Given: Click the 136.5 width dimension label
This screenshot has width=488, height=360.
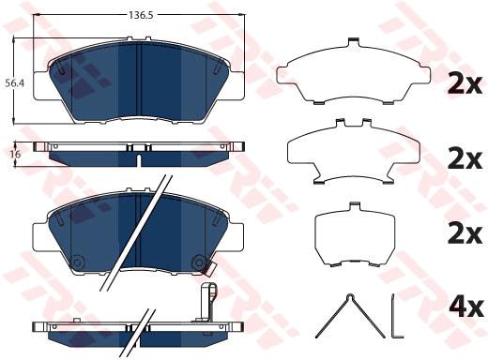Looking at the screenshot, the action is click(x=141, y=15).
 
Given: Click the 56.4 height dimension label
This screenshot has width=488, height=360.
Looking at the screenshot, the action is click(x=15, y=83).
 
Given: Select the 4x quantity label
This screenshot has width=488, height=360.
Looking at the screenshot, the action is click(x=465, y=307).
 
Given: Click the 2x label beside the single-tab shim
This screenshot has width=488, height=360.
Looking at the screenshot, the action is click(x=465, y=83).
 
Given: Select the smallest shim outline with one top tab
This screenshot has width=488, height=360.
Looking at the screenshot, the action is click(x=355, y=235).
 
